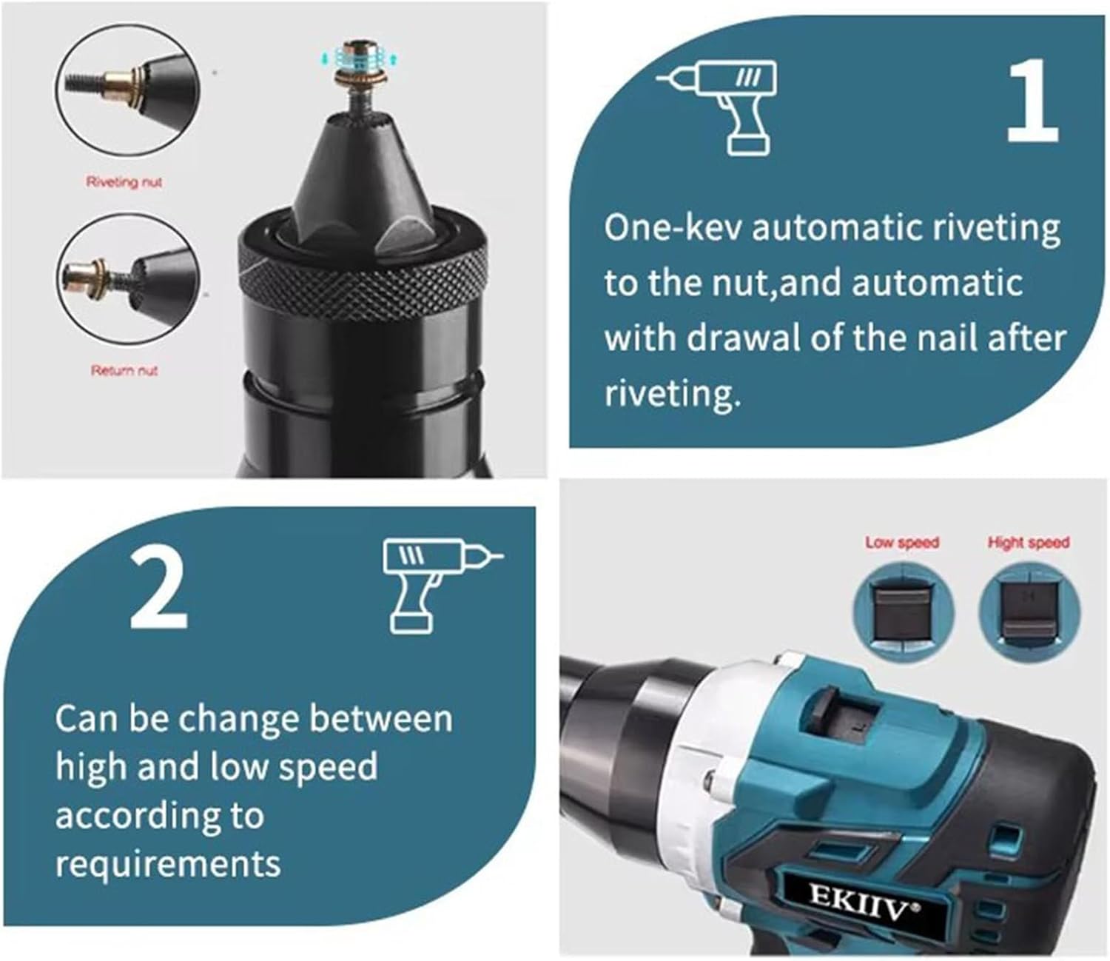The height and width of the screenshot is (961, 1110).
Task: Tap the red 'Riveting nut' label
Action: (x=124, y=182)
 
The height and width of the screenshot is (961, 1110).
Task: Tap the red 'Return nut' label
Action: (x=124, y=370)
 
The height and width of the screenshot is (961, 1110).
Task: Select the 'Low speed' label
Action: (x=902, y=542)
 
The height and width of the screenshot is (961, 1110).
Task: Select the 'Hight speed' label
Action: (x=1029, y=542)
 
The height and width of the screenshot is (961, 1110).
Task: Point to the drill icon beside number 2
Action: (x=443, y=586)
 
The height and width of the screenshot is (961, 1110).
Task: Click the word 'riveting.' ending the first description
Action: (x=673, y=394)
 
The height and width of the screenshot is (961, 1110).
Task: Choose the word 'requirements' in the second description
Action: (x=168, y=864)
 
